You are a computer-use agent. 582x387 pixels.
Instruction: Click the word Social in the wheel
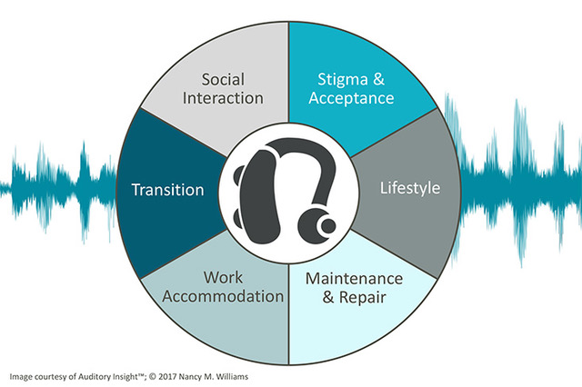tap(223, 79)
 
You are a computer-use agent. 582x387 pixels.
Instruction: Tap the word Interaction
tap(223, 98)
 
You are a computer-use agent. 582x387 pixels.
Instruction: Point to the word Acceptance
tap(351, 98)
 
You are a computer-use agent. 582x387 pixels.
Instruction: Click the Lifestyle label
tap(410, 188)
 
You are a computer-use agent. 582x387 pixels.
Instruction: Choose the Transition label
tap(167, 190)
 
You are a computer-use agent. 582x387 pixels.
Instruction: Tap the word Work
tap(223, 277)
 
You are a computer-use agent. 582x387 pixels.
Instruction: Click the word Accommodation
tap(223, 296)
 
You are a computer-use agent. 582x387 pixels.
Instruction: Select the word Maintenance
tap(354, 279)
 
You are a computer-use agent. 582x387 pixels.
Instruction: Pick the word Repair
tap(363, 298)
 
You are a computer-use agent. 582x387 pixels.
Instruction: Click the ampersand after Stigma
tap(378, 79)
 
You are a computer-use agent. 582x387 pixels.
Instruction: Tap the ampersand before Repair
tap(328, 297)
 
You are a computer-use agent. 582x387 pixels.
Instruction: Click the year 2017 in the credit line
tap(167, 377)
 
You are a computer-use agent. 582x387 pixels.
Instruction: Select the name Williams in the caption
tap(232, 377)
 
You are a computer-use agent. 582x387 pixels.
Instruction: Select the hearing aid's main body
tap(261, 196)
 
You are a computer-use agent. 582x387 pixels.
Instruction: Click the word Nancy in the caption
tap(189, 377)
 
